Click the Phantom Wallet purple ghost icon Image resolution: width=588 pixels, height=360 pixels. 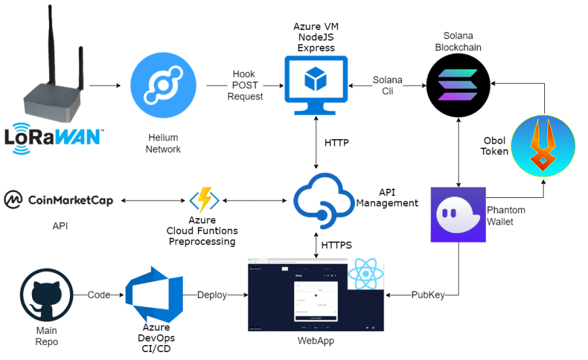(x=457, y=214)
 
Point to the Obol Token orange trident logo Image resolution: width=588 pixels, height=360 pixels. (x=543, y=147)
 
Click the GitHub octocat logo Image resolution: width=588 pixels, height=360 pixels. (x=46, y=295)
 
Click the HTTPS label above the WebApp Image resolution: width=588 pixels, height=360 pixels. (x=338, y=245)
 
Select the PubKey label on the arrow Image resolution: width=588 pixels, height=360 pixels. (x=428, y=295)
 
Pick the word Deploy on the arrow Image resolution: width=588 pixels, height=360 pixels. (x=212, y=295)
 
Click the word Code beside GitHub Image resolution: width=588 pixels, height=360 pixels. (x=99, y=295)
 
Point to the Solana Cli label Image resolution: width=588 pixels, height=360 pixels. (x=387, y=85)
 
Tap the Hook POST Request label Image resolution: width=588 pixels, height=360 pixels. (x=245, y=86)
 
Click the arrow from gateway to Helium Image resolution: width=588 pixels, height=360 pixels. (x=104, y=86)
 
